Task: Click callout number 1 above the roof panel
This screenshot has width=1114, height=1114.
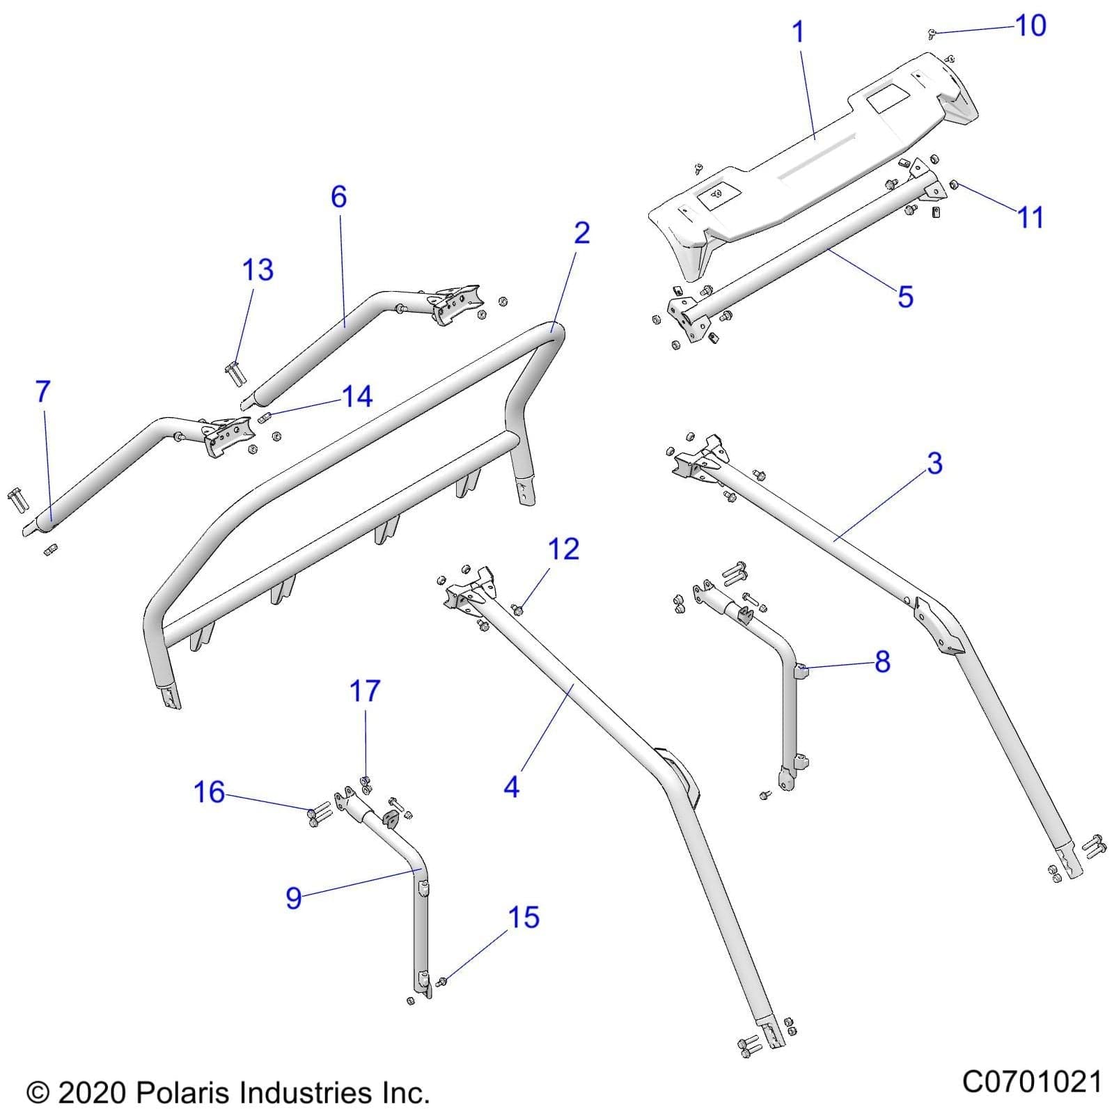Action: [x=799, y=32]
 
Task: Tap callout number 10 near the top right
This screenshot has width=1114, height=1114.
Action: [x=1030, y=26]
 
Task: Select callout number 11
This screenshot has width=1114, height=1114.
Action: [x=1030, y=217]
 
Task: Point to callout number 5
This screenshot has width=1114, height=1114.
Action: [x=904, y=297]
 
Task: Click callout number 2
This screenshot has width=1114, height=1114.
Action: [x=581, y=233]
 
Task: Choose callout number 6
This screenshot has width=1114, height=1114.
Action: [x=338, y=197]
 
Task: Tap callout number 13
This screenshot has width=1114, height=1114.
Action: [x=257, y=270]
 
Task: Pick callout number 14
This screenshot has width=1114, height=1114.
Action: [x=357, y=397]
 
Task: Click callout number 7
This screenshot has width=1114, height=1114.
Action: [x=43, y=392]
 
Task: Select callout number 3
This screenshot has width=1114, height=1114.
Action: [x=934, y=463]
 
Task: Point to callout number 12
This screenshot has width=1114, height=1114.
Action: [x=563, y=549]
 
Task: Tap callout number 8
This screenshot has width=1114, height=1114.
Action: [x=882, y=661]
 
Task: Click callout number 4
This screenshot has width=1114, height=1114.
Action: [x=511, y=787]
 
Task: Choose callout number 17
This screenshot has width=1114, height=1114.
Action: [x=365, y=691]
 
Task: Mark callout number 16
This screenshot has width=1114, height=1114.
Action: [x=209, y=792]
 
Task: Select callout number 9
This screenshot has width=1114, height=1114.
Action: [x=294, y=898]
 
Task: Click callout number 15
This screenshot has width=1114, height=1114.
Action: [x=523, y=918]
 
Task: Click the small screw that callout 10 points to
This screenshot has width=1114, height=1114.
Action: [x=933, y=33]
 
